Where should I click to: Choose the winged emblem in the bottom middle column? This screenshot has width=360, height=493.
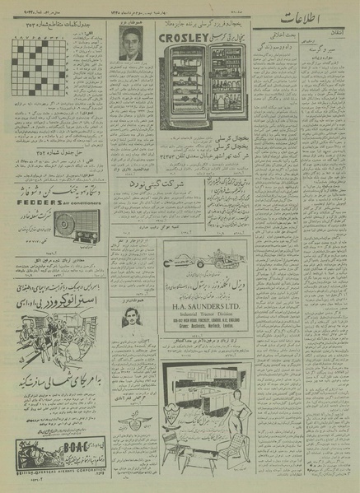click(x=131, y=426)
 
